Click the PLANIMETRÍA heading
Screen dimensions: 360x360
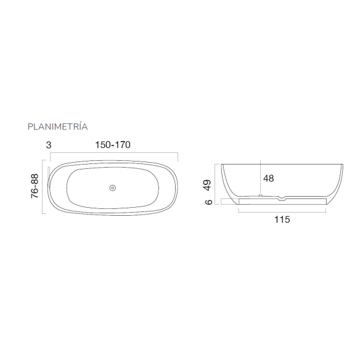click(57, 126)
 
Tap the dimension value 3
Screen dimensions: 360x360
click(49, 145)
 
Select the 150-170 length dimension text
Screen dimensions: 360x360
click(113, 145)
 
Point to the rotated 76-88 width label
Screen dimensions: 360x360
click(35, 186)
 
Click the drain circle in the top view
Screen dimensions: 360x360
click(112, 188)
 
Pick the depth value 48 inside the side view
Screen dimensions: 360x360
click(268, 178)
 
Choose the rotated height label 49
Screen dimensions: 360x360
click(207, 185)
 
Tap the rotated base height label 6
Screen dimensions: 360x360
click(208, 202)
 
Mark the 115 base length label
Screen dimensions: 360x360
click(282, 219)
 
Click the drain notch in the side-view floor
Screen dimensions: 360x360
click(282, 197)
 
